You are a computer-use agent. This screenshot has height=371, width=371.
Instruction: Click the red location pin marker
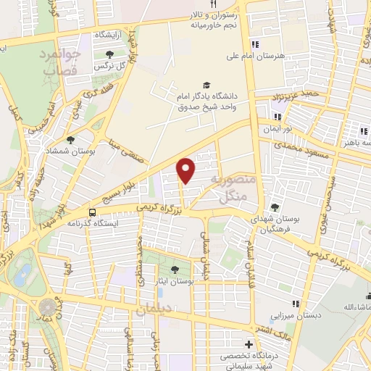(187, 170)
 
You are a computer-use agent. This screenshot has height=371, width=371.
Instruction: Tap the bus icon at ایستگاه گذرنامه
(92, 212)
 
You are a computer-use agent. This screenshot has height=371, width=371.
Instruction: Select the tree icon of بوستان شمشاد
(70, 140)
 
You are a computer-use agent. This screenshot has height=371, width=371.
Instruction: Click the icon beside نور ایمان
(276, 116)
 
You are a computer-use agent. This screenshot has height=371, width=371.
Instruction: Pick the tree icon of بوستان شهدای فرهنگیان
(274, 207)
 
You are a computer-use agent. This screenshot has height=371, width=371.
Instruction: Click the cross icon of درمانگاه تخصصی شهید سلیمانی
(250, 343)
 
